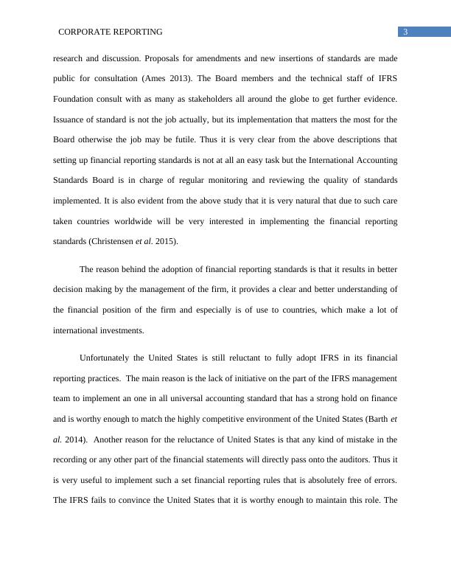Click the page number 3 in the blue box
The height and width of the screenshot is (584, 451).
pos(405,32)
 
